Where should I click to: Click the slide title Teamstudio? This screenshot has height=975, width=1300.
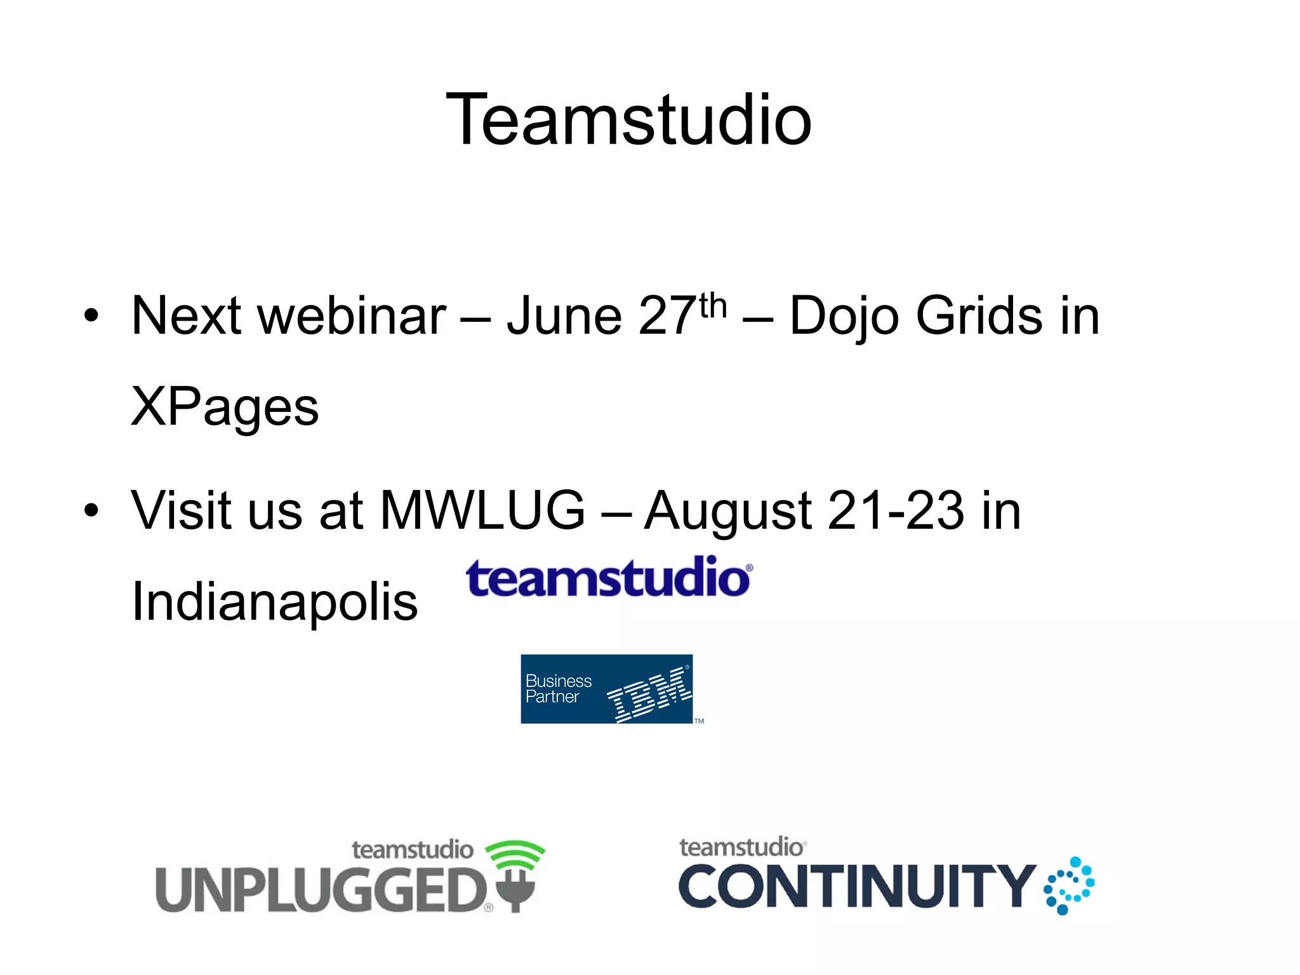pos(628,119)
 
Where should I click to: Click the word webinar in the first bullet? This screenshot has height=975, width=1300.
pos(352,315)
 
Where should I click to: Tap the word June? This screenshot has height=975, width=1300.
pos(564,315)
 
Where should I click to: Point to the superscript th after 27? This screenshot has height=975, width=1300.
pos(713,307)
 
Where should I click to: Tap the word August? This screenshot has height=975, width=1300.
pos(727,512)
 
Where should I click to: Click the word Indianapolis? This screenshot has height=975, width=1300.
pos(274,602)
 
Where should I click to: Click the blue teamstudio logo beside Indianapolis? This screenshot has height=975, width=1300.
pos(609,578)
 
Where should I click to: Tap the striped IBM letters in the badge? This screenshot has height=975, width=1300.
pos(649,694)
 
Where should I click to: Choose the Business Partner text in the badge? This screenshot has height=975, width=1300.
pos(558,689)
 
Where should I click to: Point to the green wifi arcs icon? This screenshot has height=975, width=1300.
pos(515,854)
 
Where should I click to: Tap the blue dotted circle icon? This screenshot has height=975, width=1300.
pos(1069,885)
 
